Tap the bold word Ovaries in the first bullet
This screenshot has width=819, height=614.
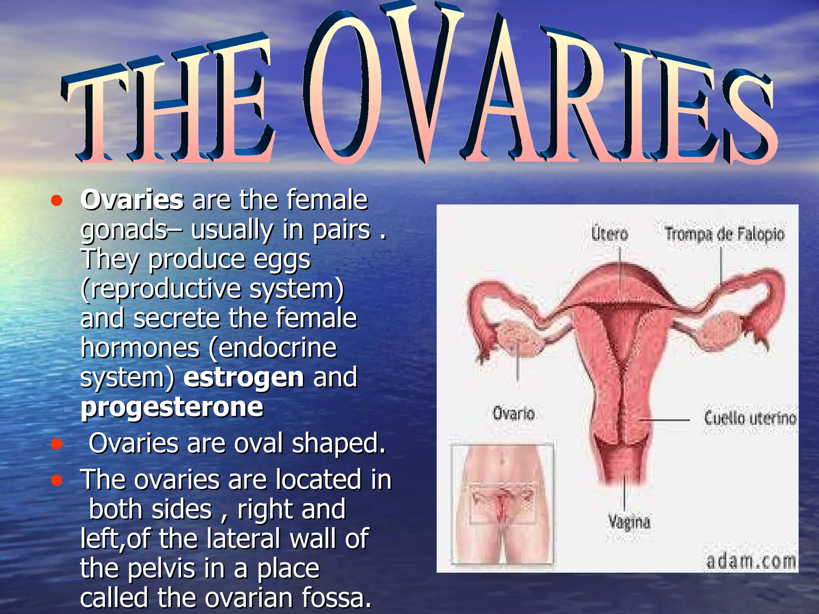click(132, 199)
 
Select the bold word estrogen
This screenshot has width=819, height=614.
click(244, 378)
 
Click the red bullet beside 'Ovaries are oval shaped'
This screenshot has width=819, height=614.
click(57, 444)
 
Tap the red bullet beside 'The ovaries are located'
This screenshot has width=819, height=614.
click(57, 480)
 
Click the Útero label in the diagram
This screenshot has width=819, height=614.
click(610, 233)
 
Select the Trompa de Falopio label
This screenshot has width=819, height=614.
click(724, 234)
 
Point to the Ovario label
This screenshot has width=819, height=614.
click(513, 413)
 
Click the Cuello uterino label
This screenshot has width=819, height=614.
click(750, 419)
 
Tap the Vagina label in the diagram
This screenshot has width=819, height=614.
click(629, 522)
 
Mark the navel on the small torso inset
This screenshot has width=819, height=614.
click(502, 462)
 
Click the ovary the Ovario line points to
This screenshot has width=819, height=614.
click(518, 338)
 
